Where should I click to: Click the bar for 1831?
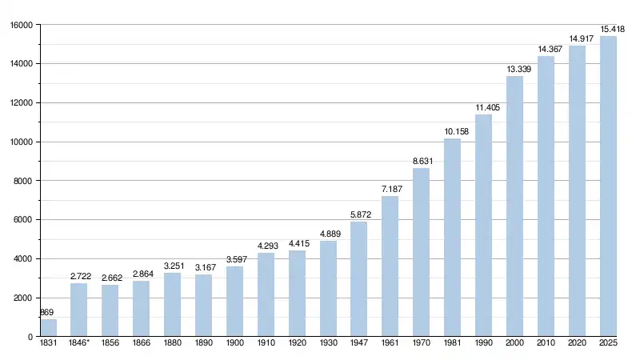(48, 328)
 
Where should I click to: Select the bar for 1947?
(358, 279)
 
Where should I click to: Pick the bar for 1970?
(421, 252)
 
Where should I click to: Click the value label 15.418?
(608, 29)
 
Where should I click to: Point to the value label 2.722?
(79, 277)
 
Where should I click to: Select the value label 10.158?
(452, 131)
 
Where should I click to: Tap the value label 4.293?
(266, 246)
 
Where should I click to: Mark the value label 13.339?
(514, 70)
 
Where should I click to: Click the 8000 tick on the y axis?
(22, 181)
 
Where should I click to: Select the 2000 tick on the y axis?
(22, 298)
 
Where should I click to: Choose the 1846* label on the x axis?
(80, 345)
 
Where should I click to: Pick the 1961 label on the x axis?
(390, 345)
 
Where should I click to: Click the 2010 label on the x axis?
(546, 345)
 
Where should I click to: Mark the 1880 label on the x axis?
(172, 345)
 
